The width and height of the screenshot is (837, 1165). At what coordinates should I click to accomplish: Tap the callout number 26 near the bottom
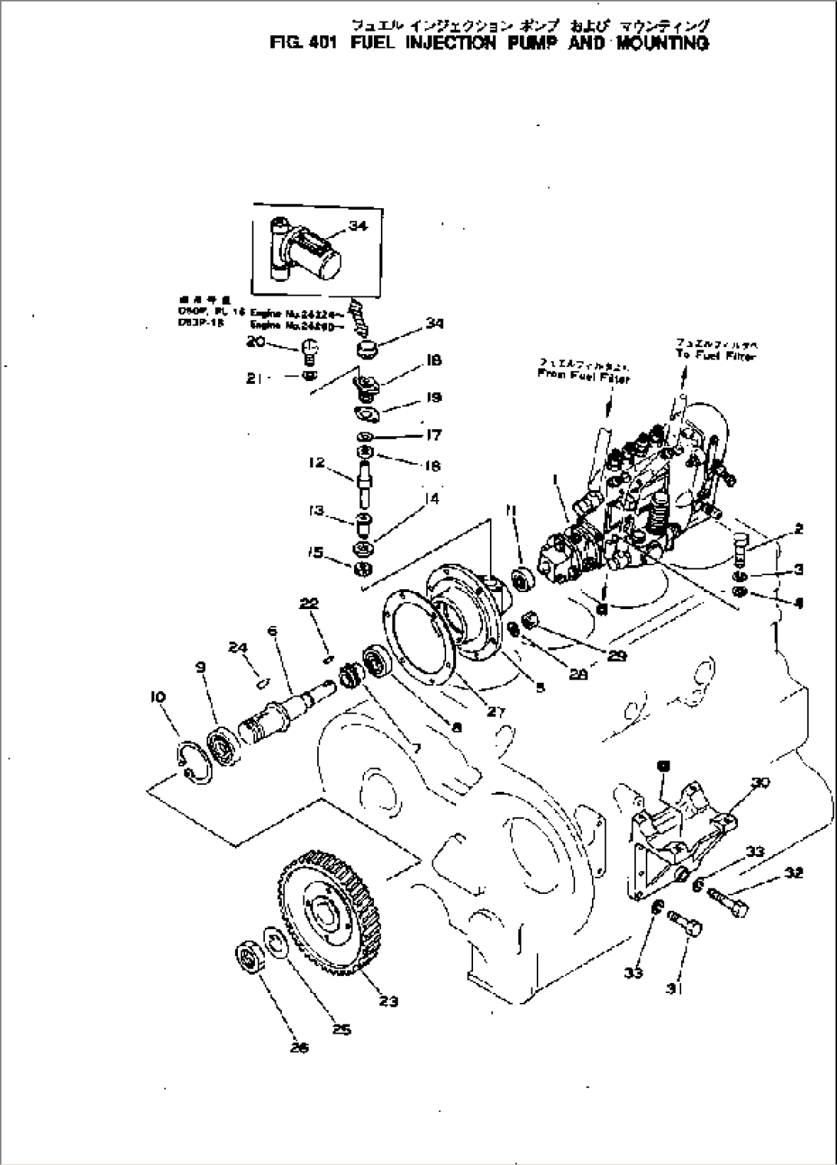(x=299, y=1048)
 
